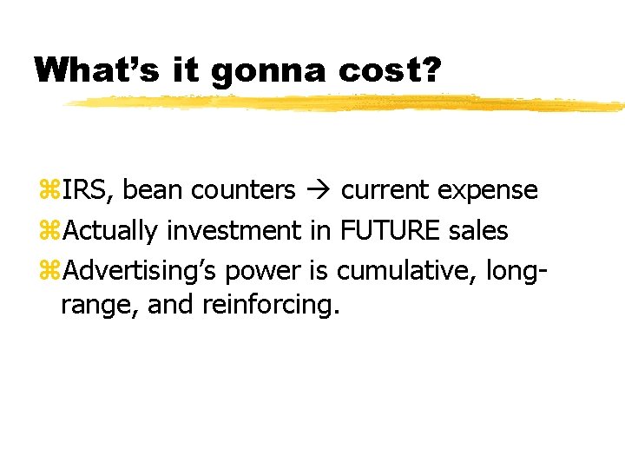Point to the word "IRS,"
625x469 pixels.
pyautogui.click(x=89, y=189)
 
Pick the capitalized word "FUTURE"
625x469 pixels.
pyautogui.click(x=391, y=230)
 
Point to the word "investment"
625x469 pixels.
pyautogui.click(x=234, y=230)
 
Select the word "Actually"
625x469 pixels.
pyautogui.click(x=111, y=230)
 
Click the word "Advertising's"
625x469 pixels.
pyautogui.click(x=141, y=271)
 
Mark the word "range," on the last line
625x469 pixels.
pyautogui.click(x=92, y=306)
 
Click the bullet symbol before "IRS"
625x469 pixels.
pyautogui.click(x=49, y=189)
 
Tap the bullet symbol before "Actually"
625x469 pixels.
pyautogui.click(x=49, y=230)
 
